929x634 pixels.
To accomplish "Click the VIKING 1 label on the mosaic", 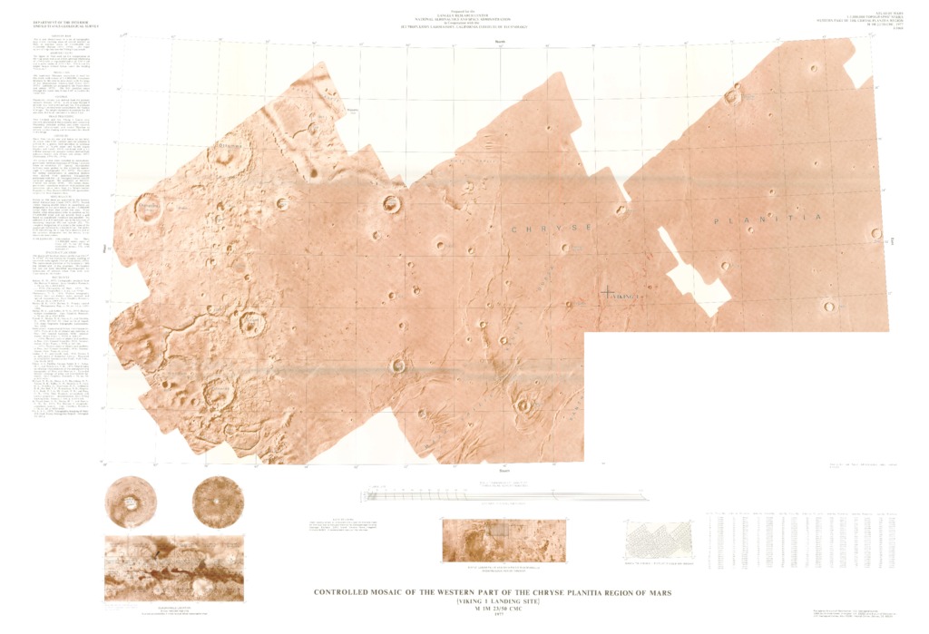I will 625,297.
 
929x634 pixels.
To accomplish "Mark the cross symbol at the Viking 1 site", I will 606,292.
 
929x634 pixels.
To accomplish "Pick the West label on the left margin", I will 107,247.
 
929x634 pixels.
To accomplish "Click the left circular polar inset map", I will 131,502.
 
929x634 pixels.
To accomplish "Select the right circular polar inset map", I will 218,502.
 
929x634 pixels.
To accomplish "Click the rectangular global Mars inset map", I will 175,569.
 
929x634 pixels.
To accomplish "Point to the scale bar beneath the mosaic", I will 504,495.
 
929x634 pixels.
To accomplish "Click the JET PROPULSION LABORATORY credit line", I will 464,28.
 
